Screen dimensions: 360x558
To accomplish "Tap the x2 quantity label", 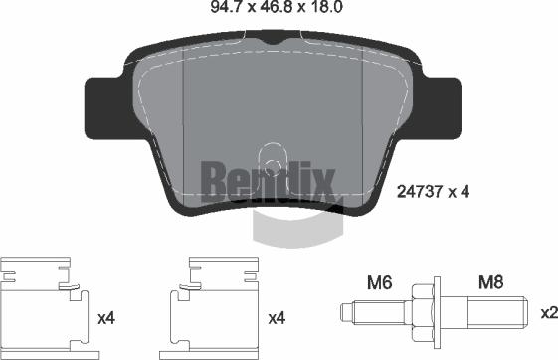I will pos(547,313).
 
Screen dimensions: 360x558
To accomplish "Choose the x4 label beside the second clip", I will pos(279,319).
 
